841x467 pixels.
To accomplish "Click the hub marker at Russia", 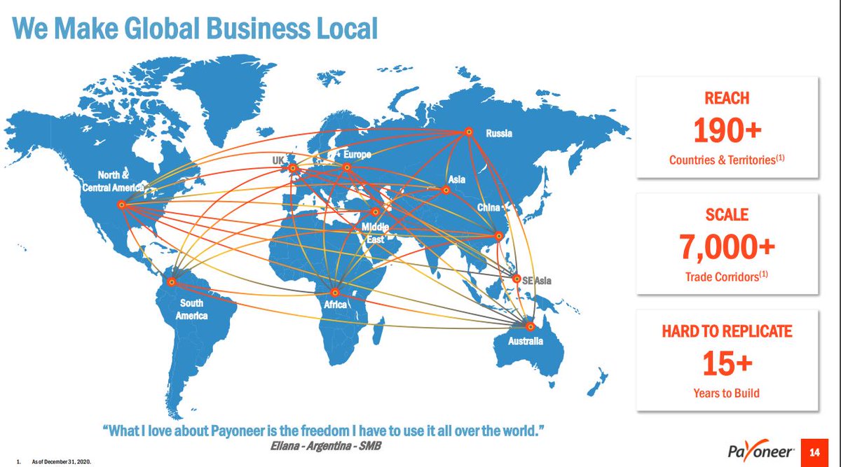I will pyautogui.click(x=467, y=131).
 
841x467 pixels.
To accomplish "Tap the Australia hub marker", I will pyautogui.click(x=531, y=326).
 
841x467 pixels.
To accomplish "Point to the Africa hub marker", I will pyautogui.click(x=335, y=292).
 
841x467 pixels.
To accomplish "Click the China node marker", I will pyautogui.click(x=499, y=236).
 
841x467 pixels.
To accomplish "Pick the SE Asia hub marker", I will pyautogui.click(x=517, y=279).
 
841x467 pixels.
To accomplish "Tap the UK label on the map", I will pyautogui.click(x=278, y=160).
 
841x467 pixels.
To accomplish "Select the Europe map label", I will pyautogui.click(x=357, y=154).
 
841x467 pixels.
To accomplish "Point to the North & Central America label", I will pyautogui.click(x=112, y=180).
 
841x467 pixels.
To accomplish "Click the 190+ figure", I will pyautogui.click(x=727, y=131).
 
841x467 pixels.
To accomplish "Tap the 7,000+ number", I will pyautogui.click(x=727, y=246).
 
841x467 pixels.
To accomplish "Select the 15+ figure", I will pyautogui.click(x=727, y=363).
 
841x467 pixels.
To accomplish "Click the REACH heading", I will pyautogui.click(x=727, y=99).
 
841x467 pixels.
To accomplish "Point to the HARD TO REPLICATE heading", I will pyautogui.click(x=727, y=330).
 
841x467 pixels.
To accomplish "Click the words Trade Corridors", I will pyautogui.click(x=722, y=277).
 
